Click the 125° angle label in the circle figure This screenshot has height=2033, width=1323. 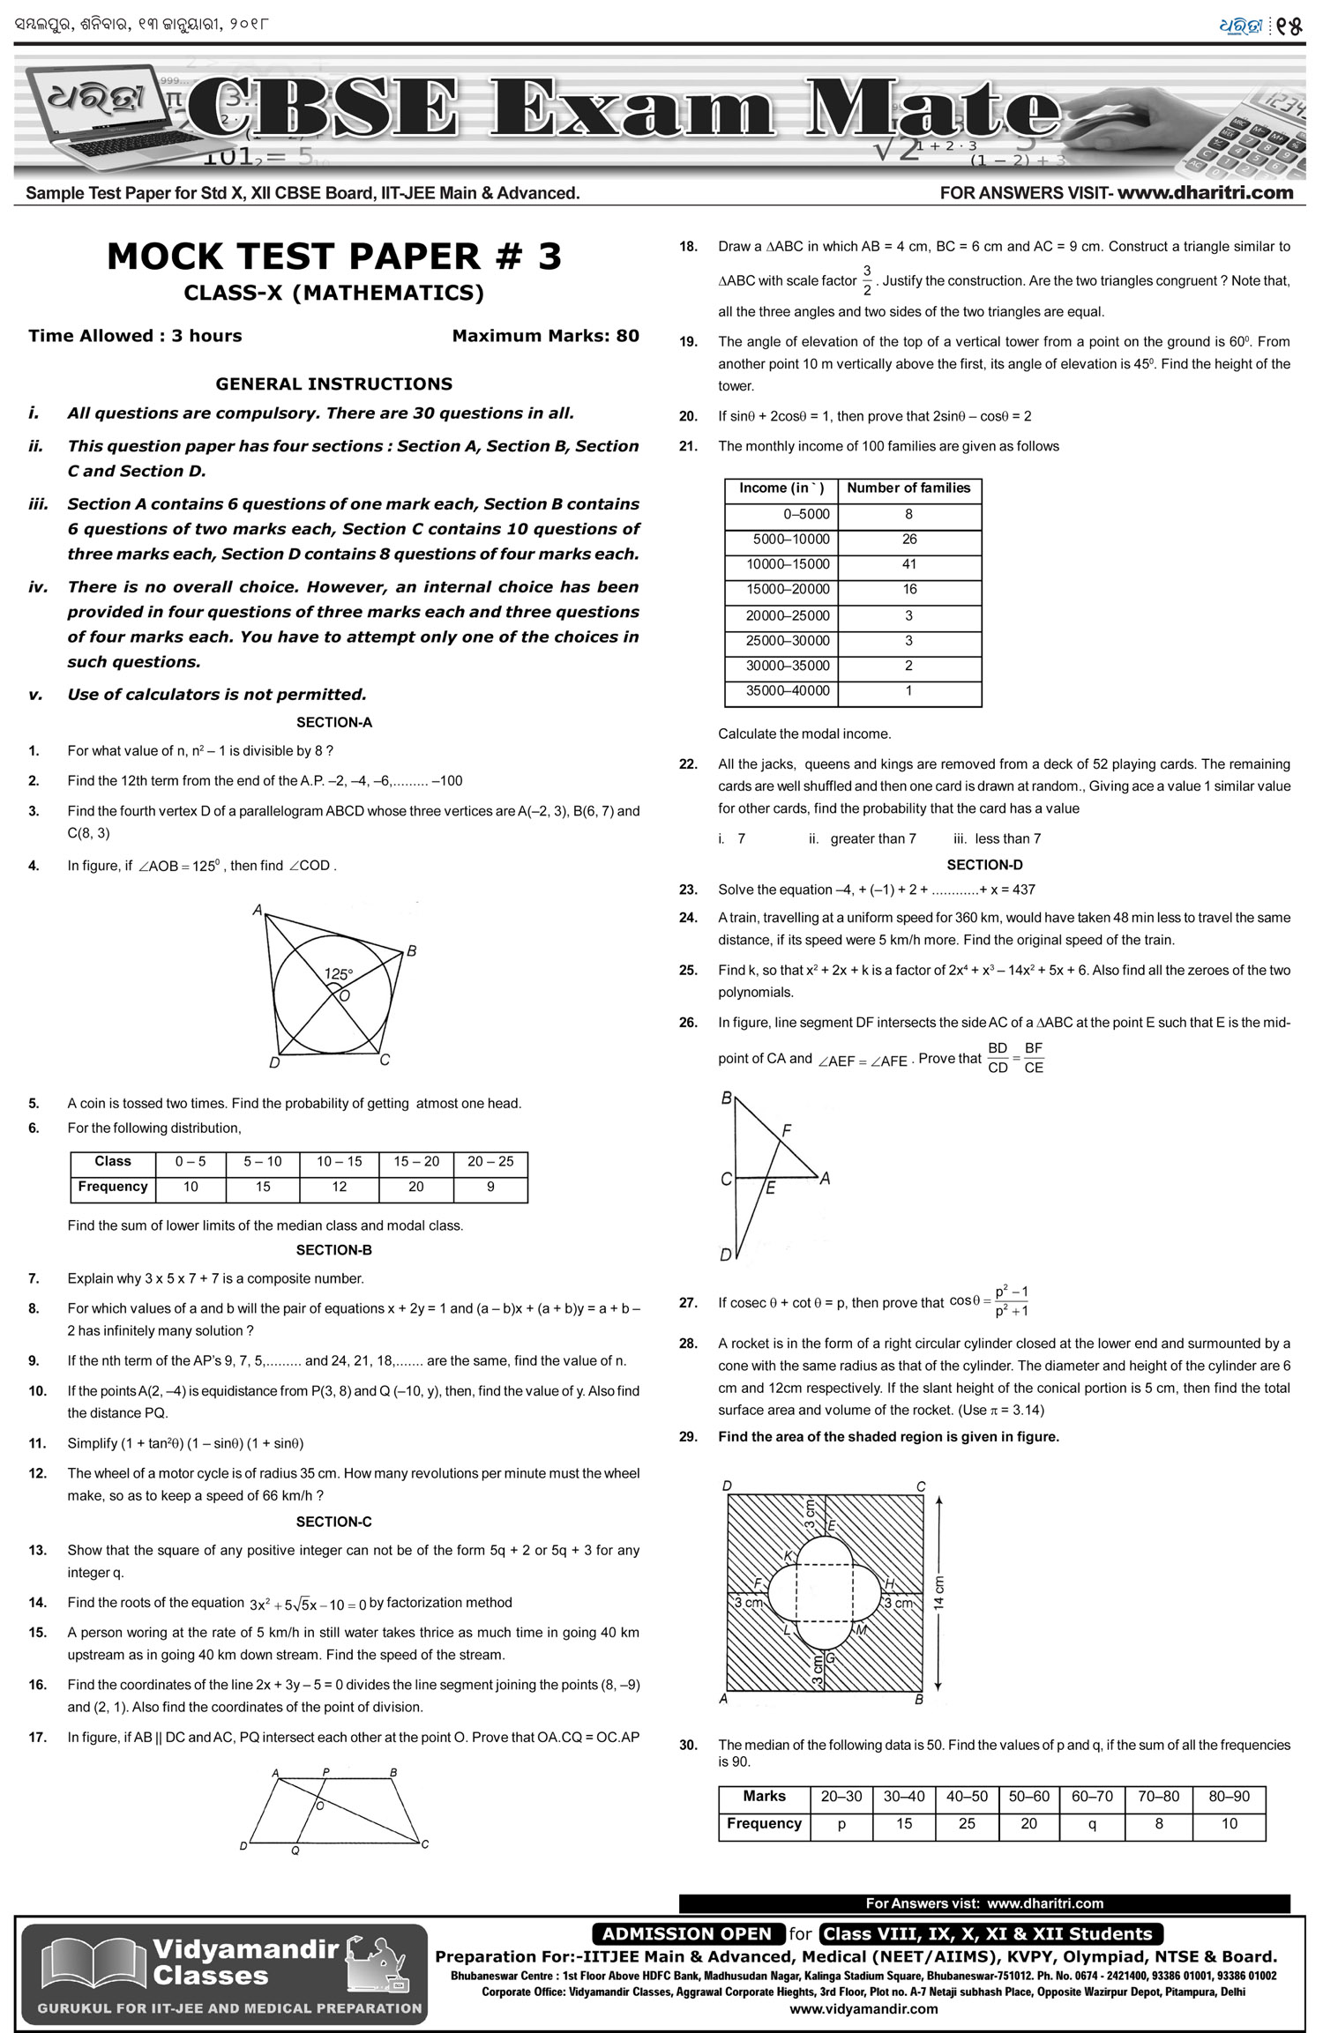tap(338, 974)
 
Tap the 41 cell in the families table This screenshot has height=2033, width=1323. tap(909, 564)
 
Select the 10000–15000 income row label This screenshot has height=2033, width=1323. tap(788, 564)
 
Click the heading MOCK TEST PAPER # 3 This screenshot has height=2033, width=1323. tap(333, 257)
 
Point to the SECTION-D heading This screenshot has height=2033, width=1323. tap(984, 865)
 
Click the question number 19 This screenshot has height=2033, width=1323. tap(688, 342)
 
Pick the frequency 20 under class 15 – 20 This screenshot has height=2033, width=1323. tap(415, 1187)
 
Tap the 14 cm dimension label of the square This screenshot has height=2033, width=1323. tap(938, 1592)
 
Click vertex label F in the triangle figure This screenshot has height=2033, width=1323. tap(787, 1130)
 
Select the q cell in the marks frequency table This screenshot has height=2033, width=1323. tap(1092, 1823)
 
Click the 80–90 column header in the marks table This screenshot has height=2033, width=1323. tap(1229, 1796)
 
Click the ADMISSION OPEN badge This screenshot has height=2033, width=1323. tap(687, 1933)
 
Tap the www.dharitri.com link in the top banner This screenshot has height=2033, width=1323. tap(1205, 192)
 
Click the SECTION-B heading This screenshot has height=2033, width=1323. tap(333, 1250)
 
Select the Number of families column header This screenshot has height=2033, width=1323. tap(908, 488)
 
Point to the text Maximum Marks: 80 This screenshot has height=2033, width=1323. tap(545, 336)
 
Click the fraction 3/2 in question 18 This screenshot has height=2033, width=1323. tap(867, 280)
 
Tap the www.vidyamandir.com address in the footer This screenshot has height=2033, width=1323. tap(863, 2009)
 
